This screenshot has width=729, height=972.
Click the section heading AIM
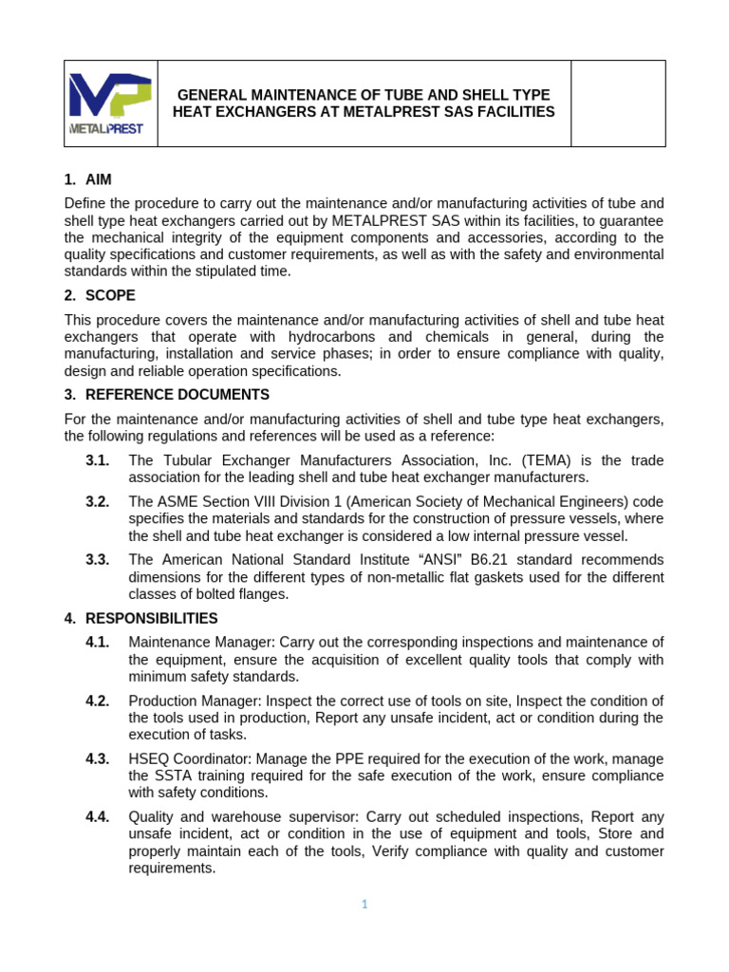[x=98, y=179]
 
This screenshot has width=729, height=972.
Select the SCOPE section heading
[x=110, y=295]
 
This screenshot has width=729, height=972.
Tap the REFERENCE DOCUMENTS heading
[x=177, y=394]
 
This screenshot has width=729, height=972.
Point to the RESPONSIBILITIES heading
[x=151, y=618]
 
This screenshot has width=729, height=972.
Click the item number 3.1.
[x=98, y=460]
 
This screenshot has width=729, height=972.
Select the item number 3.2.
[x=98, y=501]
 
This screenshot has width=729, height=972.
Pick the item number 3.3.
[x=98, y=559]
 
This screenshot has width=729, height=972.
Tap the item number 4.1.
[x=98, y=643]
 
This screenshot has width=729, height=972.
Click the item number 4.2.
[x=98, y=701]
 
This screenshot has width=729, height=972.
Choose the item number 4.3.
[x=98, y=758]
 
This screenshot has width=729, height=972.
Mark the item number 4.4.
[x=98, y=816]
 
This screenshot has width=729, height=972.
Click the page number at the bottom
[x=364, y=905]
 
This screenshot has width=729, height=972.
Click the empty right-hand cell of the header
[x=618, y=103]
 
